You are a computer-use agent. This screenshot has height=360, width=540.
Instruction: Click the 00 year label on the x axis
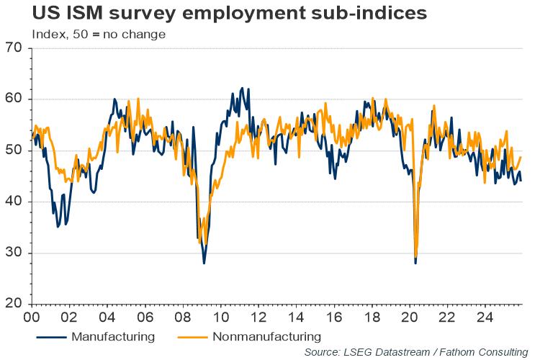click(32, 317)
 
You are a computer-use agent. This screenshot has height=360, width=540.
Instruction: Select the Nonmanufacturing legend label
click(266, 336)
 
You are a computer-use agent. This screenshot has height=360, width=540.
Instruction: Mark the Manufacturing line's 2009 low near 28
click(204, 263)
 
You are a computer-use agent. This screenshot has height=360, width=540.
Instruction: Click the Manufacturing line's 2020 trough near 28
click(415, 263)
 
